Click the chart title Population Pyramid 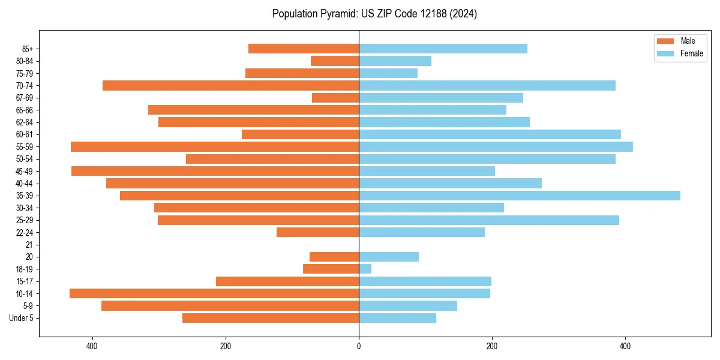[374, 14]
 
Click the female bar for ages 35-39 [519, 196]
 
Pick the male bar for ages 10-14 [214, 293]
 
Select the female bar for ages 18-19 [365, 269]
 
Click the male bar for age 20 [334, 257]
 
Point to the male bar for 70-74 [230, 85]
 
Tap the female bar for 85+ [443, 49]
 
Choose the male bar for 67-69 [335, 98]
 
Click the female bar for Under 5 [397, 318]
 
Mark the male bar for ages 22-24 [317, 232]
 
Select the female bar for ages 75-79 [388, 73]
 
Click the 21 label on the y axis [29, 245]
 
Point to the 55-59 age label [24, 147]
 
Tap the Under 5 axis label [21, 318]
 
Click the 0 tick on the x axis [359, 346]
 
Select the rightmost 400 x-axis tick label [625, 346]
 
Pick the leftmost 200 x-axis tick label [226, 346]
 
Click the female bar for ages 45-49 [427, 171]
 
